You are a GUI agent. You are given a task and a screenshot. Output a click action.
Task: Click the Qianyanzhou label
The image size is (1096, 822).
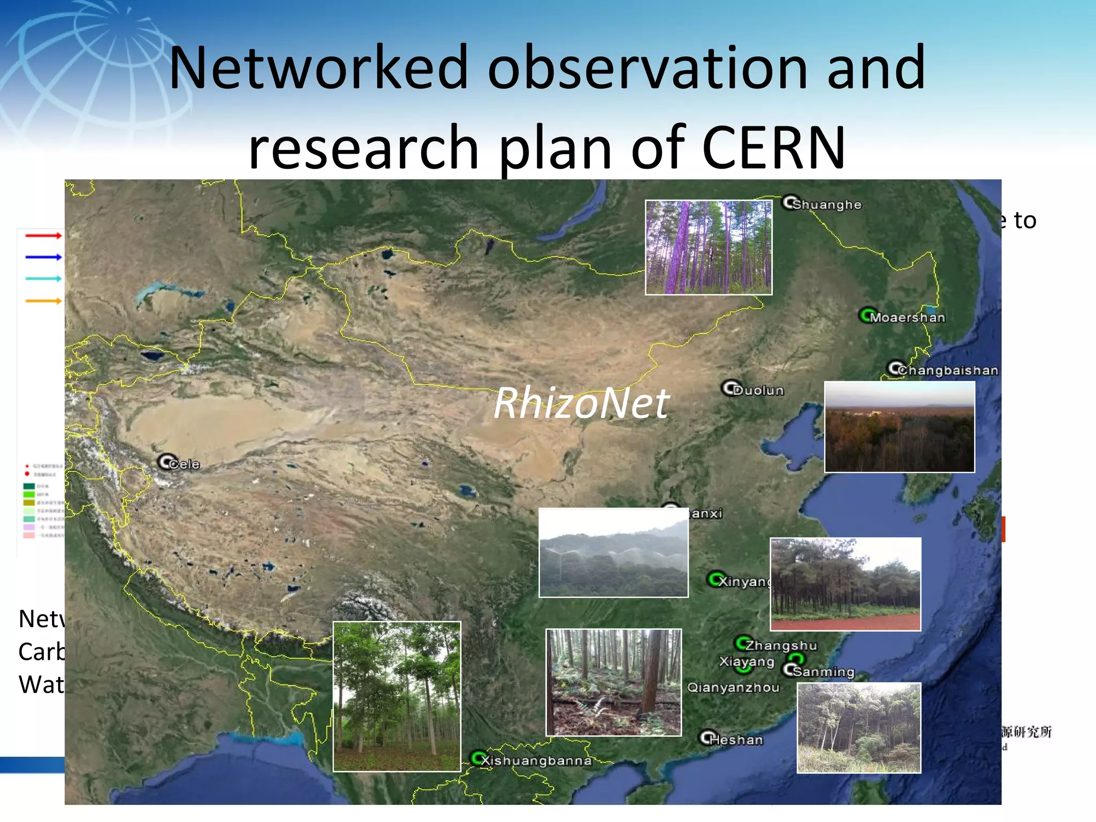point(733,688)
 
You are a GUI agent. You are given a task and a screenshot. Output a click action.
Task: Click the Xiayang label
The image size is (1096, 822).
point(747,661)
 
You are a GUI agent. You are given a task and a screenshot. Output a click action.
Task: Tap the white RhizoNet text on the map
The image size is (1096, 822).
point(581,403)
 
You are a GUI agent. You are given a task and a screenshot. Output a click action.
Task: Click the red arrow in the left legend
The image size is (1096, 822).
point(43,235)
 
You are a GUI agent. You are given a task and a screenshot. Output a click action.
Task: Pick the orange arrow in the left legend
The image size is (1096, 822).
point(43,301)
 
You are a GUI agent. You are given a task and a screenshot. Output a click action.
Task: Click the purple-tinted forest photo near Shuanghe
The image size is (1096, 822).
point(709,247)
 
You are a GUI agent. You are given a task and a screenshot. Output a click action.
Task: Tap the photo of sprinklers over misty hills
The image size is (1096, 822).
point(613,552)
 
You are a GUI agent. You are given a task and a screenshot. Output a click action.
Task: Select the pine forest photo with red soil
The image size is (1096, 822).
point(846,584)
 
